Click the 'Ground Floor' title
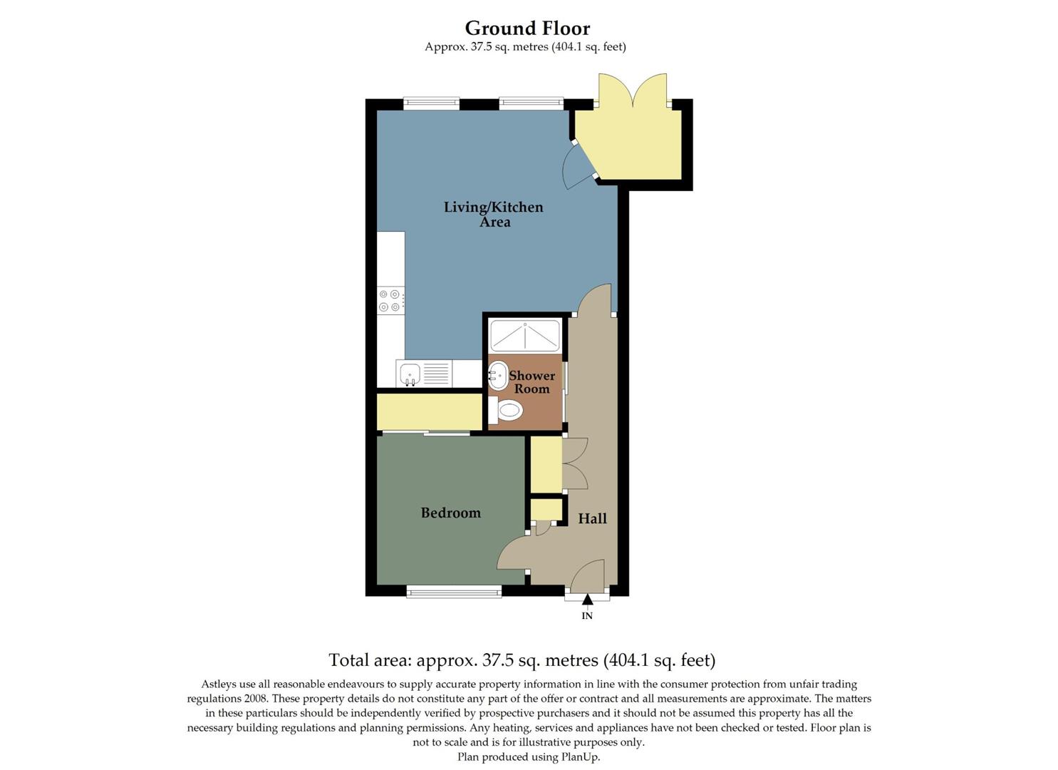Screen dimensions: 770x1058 coord(527,29)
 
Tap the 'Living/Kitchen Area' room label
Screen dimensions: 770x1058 coord(494,214)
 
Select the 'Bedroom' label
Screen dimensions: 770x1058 coord(450,513)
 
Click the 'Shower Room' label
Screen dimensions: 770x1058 coord(531,382)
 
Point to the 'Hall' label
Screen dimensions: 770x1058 coord(592,518)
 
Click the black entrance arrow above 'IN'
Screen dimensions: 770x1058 coord(587,600)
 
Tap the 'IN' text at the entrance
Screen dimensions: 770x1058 coord(587,616)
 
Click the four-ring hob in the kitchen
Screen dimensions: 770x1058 coord(390,300)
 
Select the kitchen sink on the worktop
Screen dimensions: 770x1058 coord(410,374)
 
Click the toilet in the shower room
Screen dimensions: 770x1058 coord(509,411)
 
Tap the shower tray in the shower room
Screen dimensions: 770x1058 coord(525,335)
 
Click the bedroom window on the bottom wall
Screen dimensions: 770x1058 coord(454,591)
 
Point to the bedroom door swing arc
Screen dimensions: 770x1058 coord(511,553)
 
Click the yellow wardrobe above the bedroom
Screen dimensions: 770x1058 coord(430,411)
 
